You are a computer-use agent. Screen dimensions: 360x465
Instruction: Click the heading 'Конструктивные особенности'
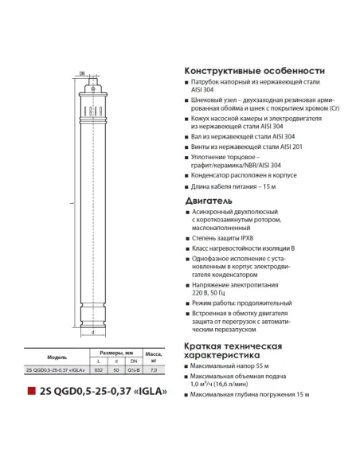point(254,70)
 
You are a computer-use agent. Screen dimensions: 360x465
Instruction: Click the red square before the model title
point(31,392)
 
